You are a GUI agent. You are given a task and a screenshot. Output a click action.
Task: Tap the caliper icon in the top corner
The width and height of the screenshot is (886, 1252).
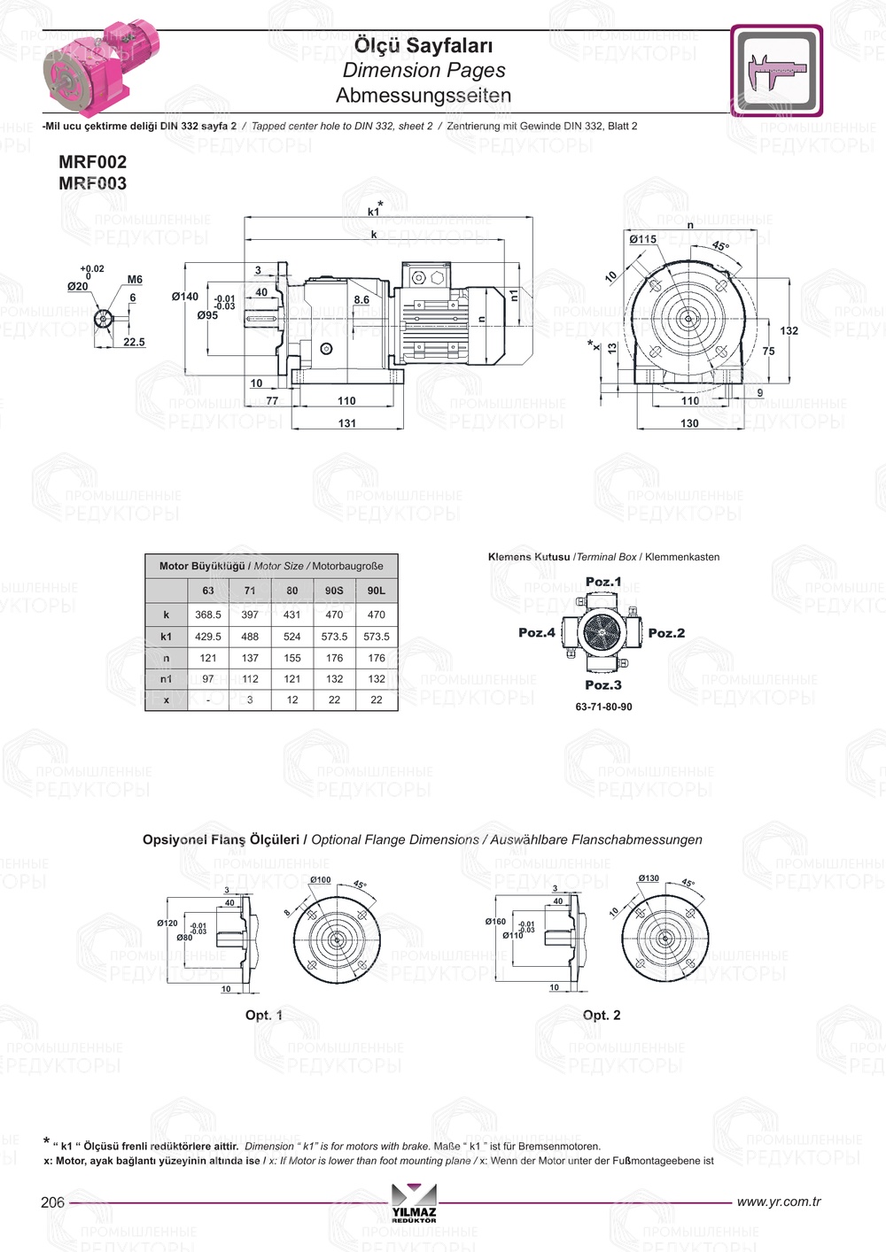click(776, 71)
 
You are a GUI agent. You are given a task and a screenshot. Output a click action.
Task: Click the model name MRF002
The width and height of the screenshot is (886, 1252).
click(92, 162)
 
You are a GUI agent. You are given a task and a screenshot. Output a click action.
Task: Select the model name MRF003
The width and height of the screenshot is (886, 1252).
click(92, 183)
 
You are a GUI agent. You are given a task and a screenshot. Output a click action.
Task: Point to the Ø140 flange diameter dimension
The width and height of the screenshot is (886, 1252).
click(185, 297)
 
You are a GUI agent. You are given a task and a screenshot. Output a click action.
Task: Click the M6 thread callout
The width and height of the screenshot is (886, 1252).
click(135, 280)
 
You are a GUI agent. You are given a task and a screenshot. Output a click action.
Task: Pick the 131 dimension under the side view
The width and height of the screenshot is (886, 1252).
click(347, 423)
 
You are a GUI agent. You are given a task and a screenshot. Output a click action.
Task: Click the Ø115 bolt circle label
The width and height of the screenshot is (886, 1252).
click(643, 239)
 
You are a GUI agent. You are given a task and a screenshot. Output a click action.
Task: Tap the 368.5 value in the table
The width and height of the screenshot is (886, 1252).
click(208, 614)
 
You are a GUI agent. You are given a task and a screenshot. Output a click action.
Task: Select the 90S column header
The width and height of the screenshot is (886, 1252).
click(334, 591)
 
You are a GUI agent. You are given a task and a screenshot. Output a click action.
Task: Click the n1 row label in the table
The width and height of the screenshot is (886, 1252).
click(166, 679)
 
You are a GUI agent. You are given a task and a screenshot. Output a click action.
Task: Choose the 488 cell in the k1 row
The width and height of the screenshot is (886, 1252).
click(250, 637)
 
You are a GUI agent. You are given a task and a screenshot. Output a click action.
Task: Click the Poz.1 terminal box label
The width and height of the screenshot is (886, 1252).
click(603, 582)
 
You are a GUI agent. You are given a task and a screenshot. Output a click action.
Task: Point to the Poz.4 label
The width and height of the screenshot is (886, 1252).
click(537, 632)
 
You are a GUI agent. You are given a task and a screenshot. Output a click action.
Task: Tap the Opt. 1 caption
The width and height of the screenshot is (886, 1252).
click(264, 1015)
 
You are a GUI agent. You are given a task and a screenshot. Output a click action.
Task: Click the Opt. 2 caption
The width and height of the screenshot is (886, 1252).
click(602, 1015)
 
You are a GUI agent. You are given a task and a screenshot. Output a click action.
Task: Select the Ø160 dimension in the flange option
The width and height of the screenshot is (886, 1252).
click(495, 922)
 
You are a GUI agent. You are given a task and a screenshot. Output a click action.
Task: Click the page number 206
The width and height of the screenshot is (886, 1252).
click(53, 1202)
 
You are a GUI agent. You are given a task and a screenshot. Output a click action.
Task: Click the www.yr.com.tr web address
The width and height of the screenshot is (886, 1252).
click(779, 1202)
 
